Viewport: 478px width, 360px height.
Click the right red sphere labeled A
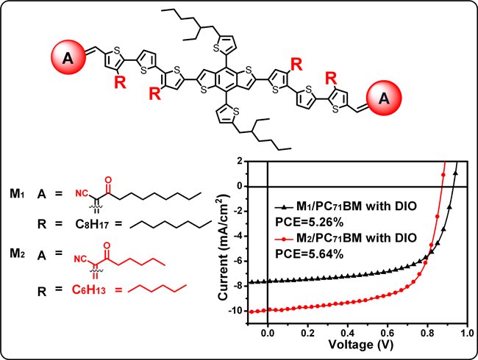click(384, 98)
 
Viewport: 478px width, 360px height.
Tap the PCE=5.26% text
click(310, 223)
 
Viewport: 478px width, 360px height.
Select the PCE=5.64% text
click(310, 253)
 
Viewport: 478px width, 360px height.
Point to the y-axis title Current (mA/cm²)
click(224, 248)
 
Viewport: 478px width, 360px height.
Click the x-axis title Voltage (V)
click(360, 345)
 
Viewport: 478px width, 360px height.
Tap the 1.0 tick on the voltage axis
click(467, 333)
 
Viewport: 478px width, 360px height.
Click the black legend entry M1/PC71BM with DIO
click(346, 206)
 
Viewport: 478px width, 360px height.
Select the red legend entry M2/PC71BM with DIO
click(346, 237)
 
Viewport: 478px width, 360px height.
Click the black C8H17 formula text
click(92, 225)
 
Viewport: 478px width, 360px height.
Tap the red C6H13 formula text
click(89, 289)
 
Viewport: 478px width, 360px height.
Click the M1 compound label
click(17, 193)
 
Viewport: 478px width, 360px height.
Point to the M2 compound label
click(17, 253)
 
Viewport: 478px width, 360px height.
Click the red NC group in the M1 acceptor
click(82, 193)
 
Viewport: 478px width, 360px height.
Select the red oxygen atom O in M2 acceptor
click(107, 245)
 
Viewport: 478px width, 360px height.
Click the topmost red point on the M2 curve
click(443, 175)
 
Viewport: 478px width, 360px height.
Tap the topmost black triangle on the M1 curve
click(455, 173)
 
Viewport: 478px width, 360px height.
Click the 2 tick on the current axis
click(240, 161)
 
